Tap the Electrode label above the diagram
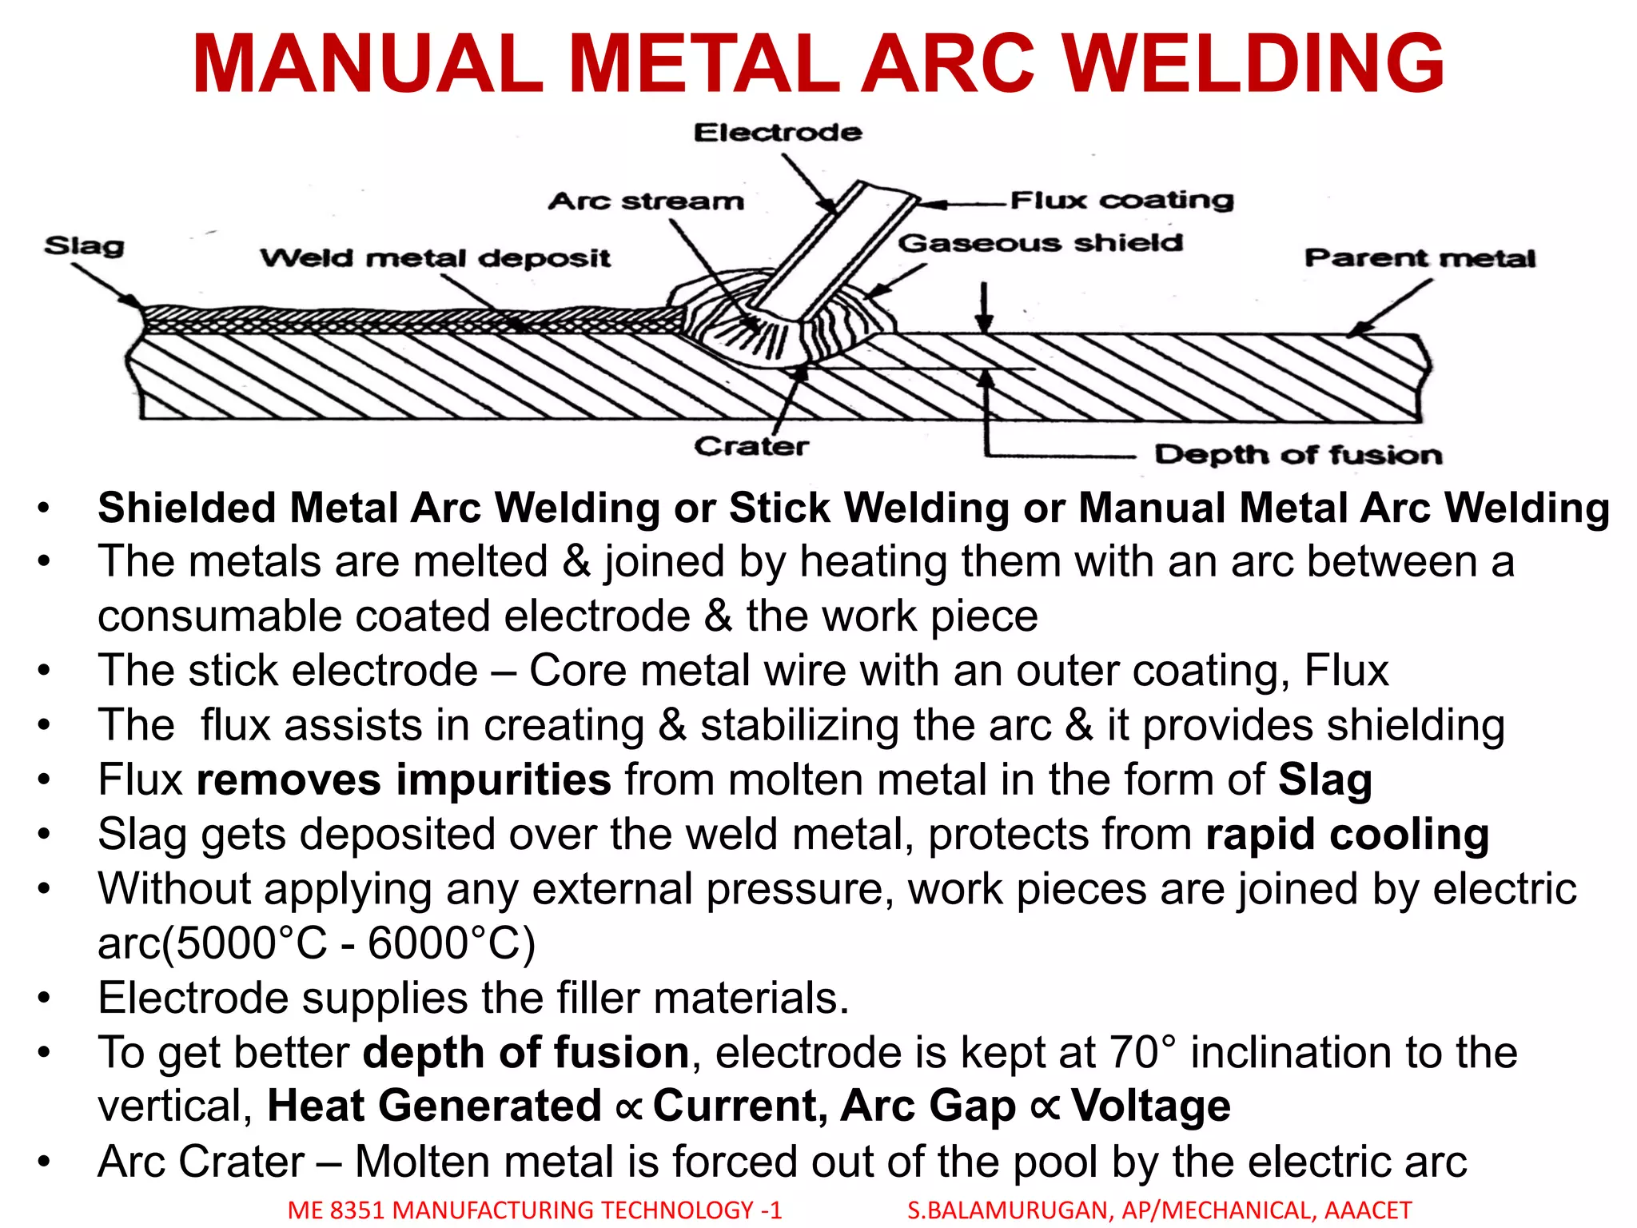tap(777, 132)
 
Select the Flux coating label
tap(1121, 199)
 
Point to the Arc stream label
tap(646, 201)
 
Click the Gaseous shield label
tap(1040, 242)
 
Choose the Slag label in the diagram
tap(84, 245)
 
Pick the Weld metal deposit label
tap(435, 258)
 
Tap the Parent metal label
tap(1420, 258)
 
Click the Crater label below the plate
tap(751, 446)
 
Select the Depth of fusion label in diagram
tap(1298, 455)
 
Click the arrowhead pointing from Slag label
tap(131, 302)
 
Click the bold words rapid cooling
tap(1347, 835)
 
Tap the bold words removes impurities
tap(404, 779)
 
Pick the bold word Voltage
tap(1150, 1106)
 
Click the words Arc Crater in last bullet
tap(201, 1162)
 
